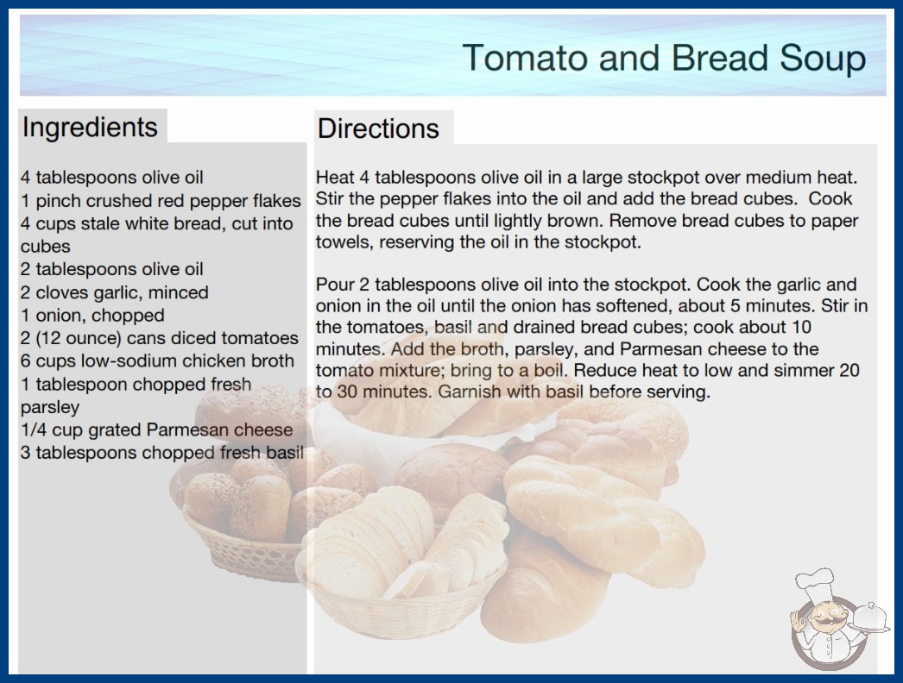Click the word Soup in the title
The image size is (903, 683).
pyautogui.click(x=823, y=58)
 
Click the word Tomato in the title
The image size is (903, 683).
pyautogui.click(x=525, y=58)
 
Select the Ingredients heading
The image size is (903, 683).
pyautogui.click(x=90, y=128)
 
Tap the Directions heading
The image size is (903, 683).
pyautogui.click(x=378, y=128)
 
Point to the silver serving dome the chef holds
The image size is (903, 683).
pyautogui.click(x=870, y=618)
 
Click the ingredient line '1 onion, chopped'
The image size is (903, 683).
pyautogui.click(x=92, y=316)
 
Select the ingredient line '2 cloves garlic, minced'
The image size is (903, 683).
pyautogui.click(x=115, y=292)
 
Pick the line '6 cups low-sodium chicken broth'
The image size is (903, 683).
pyautogui.click(x=157, y=360)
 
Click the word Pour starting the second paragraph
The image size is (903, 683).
pyautogui.click(x=334, y=285)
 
